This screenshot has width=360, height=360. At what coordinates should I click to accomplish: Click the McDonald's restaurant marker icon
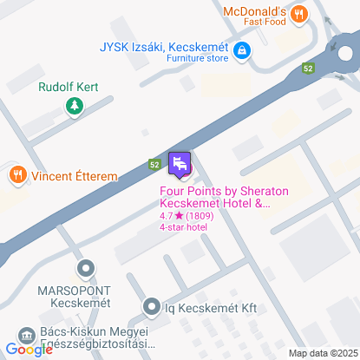(x=299, y=13)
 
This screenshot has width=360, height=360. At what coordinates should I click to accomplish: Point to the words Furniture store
(x=198, y=58)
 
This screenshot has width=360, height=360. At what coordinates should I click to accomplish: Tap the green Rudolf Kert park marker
(x=75, y=106)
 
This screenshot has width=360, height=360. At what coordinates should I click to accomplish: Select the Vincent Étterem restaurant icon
(x=17, y=174)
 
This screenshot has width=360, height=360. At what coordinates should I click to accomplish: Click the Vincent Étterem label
(x=75, y=175)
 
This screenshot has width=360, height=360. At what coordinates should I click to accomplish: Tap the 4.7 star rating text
(x=187, y=215)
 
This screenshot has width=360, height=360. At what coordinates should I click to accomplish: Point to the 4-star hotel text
(x=183, y=226)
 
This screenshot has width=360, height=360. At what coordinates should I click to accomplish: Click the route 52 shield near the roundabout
(x=308, y=67)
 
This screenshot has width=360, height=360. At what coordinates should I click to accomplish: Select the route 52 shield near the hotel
(x=154, y=163)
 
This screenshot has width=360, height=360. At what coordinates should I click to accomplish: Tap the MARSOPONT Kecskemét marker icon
(x=84, y=269)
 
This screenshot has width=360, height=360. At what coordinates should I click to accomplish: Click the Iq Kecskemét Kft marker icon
(x=151, y=305)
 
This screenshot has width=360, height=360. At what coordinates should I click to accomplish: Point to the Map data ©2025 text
(x=323, y=352)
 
